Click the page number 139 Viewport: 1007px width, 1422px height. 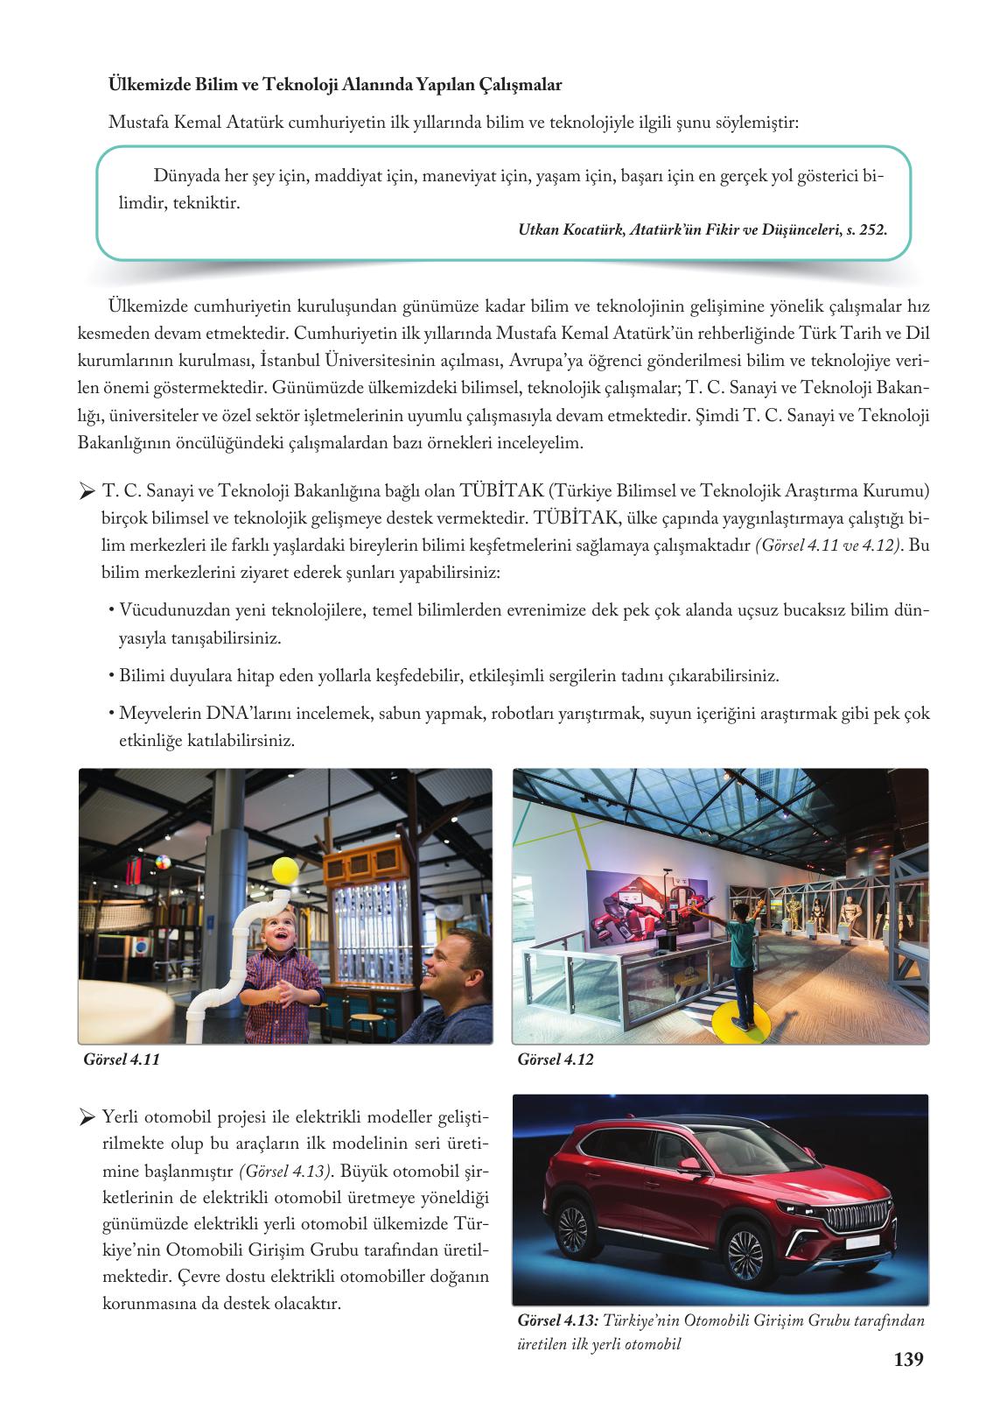pyautogui.click(x=908, y=1360)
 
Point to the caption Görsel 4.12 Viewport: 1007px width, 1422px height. pyautogui.click(x=556, y=1059)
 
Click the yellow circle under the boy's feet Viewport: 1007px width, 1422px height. pyautogui.click(x=740, y=1019)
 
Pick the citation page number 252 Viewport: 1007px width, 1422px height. pyautogui.click(x=874, y=230)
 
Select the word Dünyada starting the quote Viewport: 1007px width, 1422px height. pyautogui.click(x=185, y=176)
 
